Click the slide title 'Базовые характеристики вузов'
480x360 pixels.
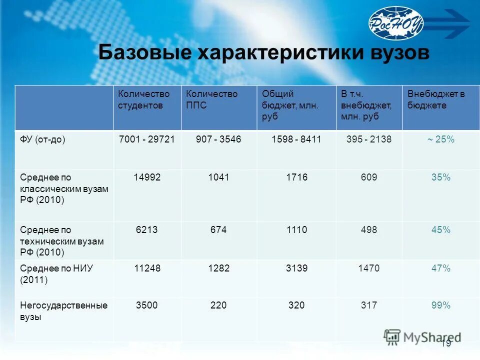click(x=263, y=52)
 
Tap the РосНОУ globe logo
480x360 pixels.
click(x=396, y=22)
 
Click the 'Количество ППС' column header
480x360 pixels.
click(x=211, y=99)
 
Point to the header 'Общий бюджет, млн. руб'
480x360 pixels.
click(x=290, y=105)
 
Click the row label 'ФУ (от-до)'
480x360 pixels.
click(x=43, y=139)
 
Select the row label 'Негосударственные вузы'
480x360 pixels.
click(x=63, y=311)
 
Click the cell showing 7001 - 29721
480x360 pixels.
click(x=146, y=139)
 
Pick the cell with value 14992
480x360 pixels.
click(x=147, y=177)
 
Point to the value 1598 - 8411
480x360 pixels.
click(x=296, y=139)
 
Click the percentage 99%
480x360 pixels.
click(x=441, y=305)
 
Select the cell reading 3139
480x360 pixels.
click(x=296, y=268)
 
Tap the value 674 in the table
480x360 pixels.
click(x=218, y=230)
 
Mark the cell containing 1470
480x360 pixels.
click(x=369, y=268)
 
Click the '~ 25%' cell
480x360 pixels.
click(x=440, y=139)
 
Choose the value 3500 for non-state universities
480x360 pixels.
click(x=147, y=305)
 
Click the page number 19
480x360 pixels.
click(x=446, y=343)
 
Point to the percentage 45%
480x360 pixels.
click(x=441, y=230)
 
